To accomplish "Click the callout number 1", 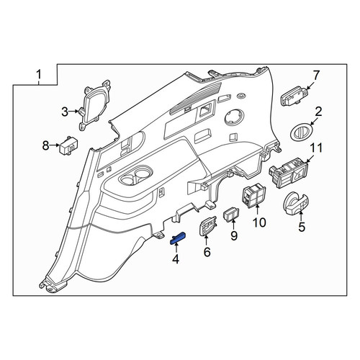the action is point(39,74).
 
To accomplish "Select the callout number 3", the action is point(65,112).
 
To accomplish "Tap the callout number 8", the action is point(45,145).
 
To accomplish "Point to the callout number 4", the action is point(176,259).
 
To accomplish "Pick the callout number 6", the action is point(207,252).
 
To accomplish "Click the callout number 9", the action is point(234,235).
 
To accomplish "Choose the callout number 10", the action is point(259,222).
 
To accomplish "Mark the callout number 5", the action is point(302,227).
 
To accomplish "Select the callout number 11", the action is point(316,148).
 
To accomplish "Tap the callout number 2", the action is point(318,112).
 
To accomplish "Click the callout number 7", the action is point(317,76).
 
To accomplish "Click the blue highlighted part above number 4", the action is point(178,238).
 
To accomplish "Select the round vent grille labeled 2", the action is point(302,132).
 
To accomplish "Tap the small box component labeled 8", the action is point(68,145).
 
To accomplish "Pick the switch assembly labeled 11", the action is point(288,174).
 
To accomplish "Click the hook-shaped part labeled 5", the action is point(296,203).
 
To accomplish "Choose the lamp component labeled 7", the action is point(293,96).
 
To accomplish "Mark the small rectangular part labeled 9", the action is point(231,214).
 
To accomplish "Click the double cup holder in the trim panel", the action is point(135,178).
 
